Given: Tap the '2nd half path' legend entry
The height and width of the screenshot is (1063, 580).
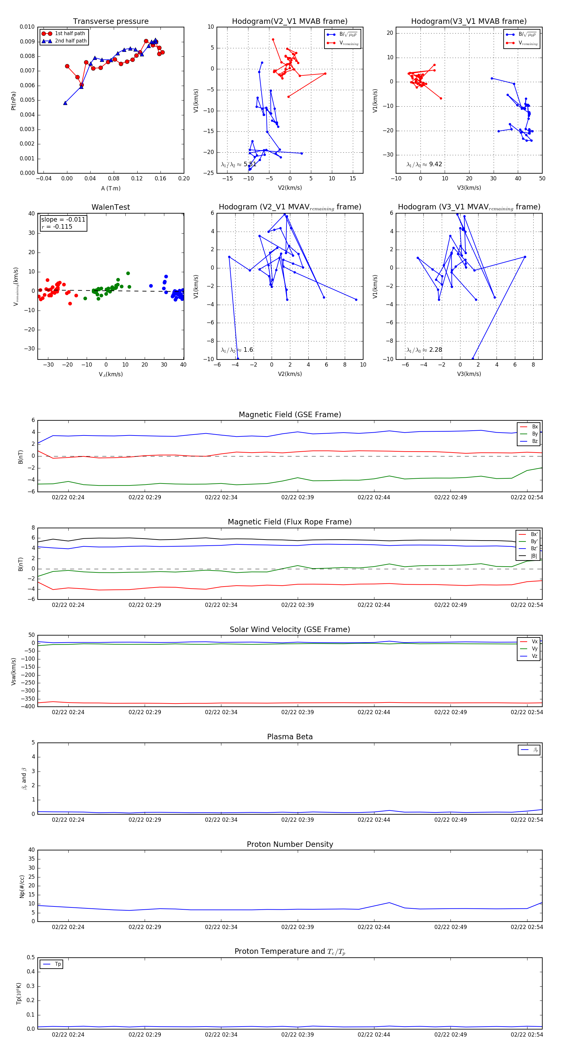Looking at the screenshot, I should (x=71, y=41).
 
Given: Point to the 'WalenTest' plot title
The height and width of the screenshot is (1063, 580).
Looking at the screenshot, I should (x=111, y=207).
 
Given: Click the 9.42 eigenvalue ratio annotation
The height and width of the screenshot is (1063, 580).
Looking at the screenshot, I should (x=424, y=164).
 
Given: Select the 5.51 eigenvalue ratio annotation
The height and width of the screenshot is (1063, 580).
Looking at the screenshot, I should (x=238, y=164).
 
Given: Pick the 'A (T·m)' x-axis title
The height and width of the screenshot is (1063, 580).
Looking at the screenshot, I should (x=111, y=188).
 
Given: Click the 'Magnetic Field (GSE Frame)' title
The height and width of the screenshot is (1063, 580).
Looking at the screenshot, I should (x=290, y=415).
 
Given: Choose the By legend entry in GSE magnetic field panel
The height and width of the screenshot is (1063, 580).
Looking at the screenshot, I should (x=534, y=434).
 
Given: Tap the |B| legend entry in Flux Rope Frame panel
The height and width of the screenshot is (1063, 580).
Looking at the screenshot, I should (x=533, y=556).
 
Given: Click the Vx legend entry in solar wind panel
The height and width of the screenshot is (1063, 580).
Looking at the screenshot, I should (x=534, y=642).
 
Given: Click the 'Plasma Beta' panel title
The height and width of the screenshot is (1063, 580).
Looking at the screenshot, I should (x=290, y=737).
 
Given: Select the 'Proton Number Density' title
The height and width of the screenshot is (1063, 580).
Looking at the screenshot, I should (x=290, y=844).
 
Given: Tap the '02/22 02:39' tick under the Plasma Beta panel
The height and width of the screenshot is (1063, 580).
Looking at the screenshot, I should (x=297, y=820).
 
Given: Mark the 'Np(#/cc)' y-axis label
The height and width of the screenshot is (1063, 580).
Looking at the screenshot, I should (x=22, y=886).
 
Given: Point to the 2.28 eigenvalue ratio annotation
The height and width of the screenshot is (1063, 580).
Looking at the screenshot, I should (x=424, y=350).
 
